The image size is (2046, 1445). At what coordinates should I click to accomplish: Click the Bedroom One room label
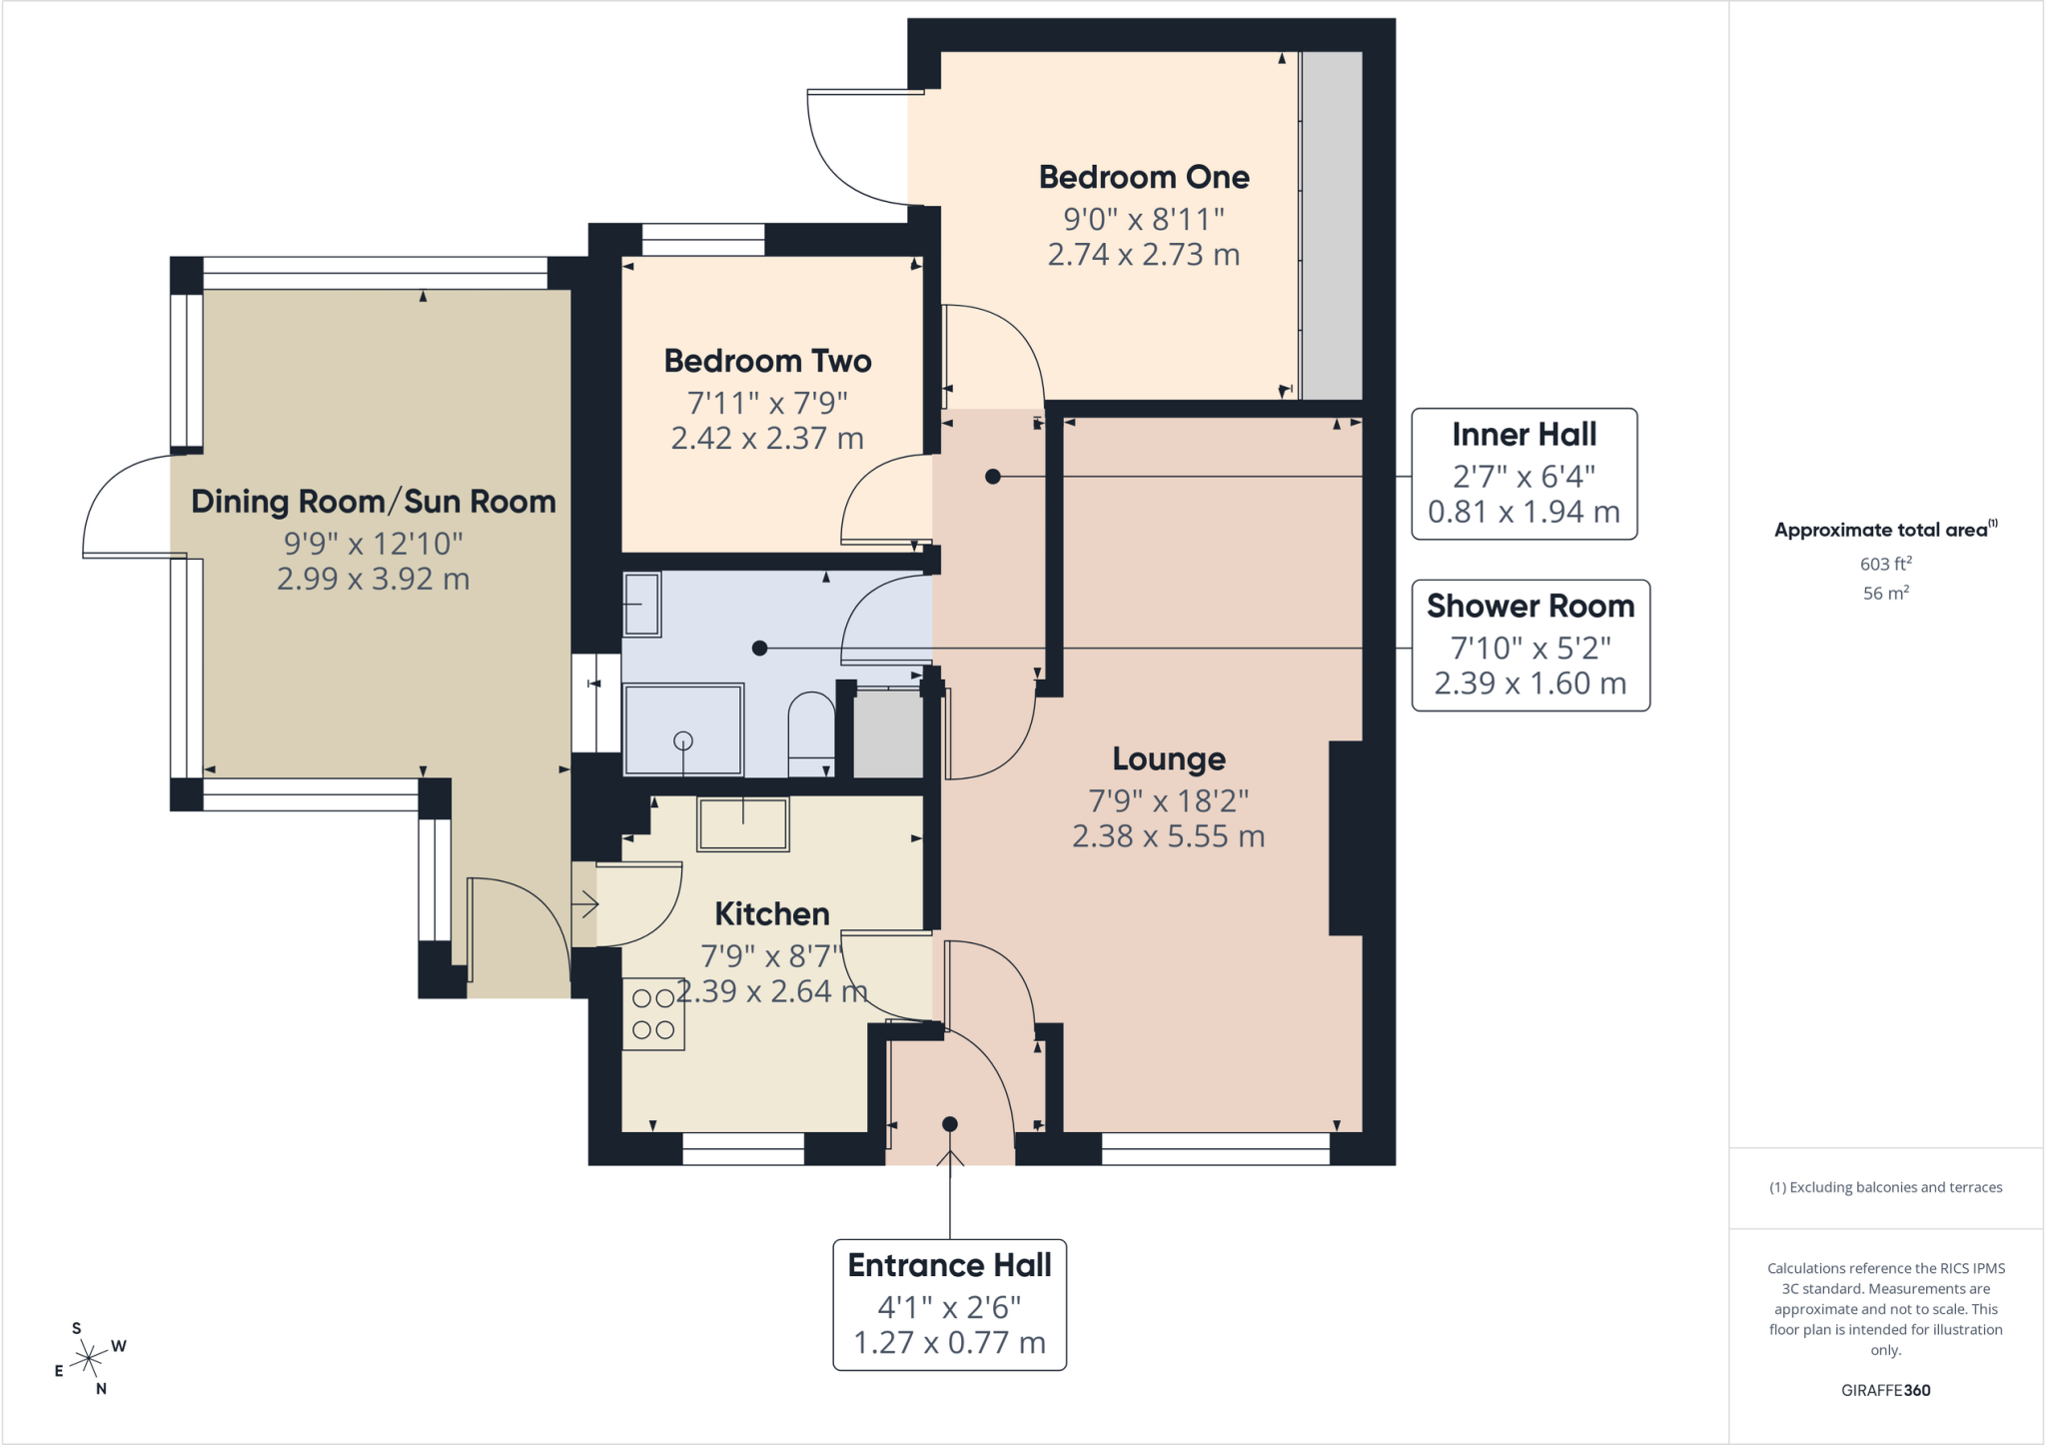[x=1144, y=177]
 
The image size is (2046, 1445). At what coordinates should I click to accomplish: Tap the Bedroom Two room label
[x=767, y=361]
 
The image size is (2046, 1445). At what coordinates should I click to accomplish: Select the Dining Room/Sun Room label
[x=373, y=502]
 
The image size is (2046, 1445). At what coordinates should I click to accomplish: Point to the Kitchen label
[x=771, y=913]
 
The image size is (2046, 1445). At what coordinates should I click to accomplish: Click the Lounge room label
[x=1169, y=759]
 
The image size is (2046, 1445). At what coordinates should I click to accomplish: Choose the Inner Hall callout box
[x=1524, y=474]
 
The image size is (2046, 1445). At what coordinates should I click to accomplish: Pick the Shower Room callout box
[x=1531, y=646]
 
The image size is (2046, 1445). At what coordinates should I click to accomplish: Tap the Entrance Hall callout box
[x=949, y=1305]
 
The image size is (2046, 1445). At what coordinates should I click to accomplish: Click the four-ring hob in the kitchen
[x=653, y=1013]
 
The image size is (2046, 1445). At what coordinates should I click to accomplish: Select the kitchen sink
[x=743, y=824]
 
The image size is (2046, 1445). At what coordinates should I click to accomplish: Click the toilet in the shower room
[x=811, y=735]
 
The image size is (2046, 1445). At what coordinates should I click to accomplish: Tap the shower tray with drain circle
[x=683, y=729]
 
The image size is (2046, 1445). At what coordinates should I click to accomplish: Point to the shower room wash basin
[x=641, y=605]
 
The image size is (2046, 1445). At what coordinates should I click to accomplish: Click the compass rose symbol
[x=90, y=1358]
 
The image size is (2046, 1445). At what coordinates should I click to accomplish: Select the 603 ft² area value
[x=1885, y=564]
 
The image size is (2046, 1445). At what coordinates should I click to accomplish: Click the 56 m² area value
[x=1885, y=593]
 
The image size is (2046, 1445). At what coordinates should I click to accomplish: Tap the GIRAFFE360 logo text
[x=1885, y=1390]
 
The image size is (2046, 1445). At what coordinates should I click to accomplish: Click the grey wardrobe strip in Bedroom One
[x=1332, y=226]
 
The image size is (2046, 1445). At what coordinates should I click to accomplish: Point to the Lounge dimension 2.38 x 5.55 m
[x=1169, y=836]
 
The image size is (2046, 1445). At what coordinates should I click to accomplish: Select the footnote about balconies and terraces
[x=1885, y=1187]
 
